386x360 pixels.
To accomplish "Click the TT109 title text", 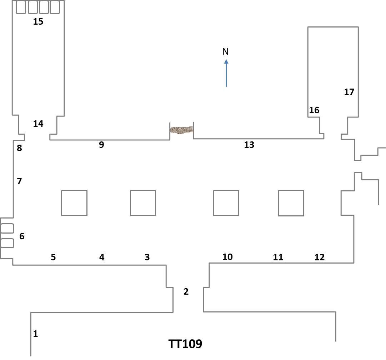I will point(185,344).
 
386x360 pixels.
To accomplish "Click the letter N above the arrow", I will point(225,52).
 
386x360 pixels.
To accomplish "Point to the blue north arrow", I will point(226,73).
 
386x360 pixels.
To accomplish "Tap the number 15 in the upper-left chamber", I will point(38,21).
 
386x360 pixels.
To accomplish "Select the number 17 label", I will point(349,92).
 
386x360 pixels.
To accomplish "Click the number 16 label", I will point(314,110).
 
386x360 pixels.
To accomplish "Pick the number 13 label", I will point(249,145).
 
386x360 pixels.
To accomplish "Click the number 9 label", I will point(101,145).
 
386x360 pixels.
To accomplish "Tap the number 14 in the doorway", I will point(38,124).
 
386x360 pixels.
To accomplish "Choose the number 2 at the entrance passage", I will point(186,292).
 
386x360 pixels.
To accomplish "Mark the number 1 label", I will point(35,334).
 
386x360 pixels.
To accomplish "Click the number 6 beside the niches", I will point(22,236).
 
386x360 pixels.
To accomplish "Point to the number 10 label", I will point(227,256).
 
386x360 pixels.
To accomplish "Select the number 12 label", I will point(320,257).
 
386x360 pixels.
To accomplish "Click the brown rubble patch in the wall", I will point(181,130).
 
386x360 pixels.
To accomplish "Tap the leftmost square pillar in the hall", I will point(74,203).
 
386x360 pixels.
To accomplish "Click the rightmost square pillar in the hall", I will point(291,203).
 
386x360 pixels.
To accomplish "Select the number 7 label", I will point(19,181).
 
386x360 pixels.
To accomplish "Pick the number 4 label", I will point(102,257).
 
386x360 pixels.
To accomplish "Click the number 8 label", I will point(19,148).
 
